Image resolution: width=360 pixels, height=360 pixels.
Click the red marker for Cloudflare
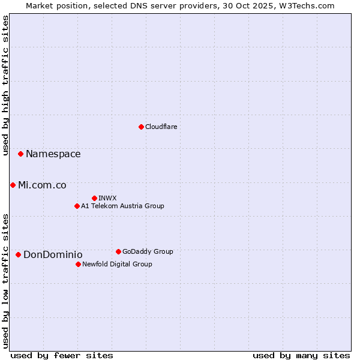click(141, 127)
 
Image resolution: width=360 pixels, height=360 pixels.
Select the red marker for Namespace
click(20, 154)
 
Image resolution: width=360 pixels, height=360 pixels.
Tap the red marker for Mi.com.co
click(13, 185)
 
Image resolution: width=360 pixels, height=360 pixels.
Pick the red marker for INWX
click(94, 198)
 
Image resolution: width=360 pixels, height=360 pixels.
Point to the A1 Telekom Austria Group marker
click(77, 206)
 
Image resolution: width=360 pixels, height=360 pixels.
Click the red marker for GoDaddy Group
click(118, 251)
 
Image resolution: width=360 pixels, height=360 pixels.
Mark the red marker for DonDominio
click(18, 255)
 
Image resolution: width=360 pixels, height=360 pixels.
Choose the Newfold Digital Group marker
click(78, 264)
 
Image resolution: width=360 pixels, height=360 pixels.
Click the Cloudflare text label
click(161, 127)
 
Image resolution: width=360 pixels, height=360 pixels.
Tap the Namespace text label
click(53, 154)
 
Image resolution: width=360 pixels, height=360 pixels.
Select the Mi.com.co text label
click(42, 185)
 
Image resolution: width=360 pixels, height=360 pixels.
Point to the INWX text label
click(107, 198)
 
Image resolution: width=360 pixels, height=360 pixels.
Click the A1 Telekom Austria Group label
click(122, 206)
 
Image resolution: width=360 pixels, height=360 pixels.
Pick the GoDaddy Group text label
click(148, 251)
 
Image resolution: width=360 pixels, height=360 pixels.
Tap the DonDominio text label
click(53, 255)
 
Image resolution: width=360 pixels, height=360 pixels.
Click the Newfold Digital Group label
click(117, 264)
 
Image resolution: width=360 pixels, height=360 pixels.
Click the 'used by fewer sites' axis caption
click(62, 355)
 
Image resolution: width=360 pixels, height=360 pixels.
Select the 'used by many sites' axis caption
click(301, 355)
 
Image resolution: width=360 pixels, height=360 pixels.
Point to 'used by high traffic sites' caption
click(5, 86)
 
